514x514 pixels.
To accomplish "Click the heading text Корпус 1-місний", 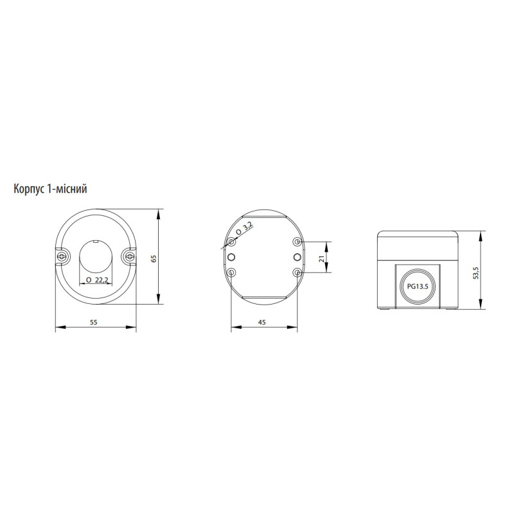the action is (50, 189).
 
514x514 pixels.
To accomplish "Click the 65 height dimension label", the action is (154, 258).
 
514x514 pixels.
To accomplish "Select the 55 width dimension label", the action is (94, 323).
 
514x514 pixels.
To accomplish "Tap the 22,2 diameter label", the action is (102, 280).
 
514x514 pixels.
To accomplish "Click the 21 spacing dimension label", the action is (322, 258).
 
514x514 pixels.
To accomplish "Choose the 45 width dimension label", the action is (261, 323).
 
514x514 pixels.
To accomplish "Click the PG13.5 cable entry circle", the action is (418, 286).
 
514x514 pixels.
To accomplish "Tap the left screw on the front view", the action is (62, 256).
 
